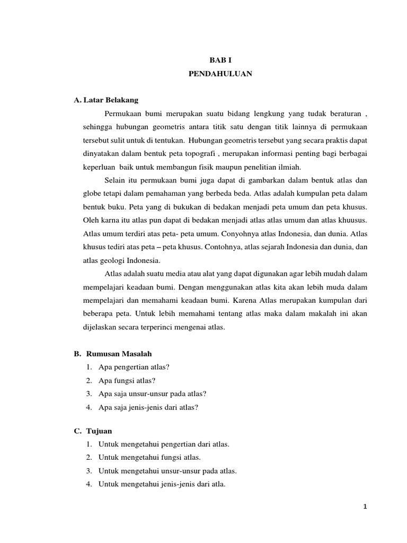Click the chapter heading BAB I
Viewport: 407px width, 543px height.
[x=220, y=61]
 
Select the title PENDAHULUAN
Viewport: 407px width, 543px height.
[x=220, y=74]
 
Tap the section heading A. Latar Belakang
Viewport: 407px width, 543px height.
[x=107, y=100]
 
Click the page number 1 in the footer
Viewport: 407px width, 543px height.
[x=365, y=506]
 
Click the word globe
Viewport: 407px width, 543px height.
[x=92, y=194]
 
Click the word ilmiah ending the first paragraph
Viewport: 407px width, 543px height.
[x=288, y=167]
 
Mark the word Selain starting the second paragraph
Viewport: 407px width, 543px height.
[x=115, y=180]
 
